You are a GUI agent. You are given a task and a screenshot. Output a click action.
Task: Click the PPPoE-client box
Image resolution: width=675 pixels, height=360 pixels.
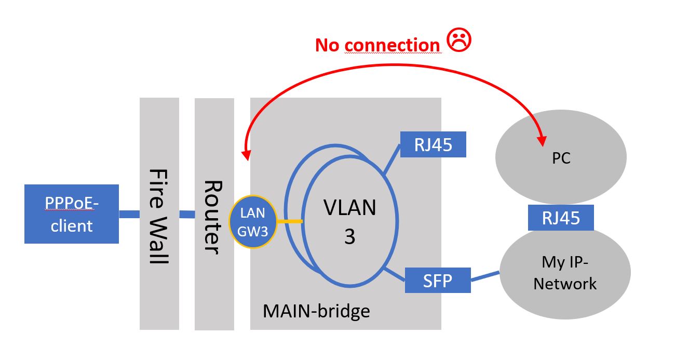point(72,214)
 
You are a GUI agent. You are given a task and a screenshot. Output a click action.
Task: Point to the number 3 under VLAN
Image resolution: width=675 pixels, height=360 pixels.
point(350,236)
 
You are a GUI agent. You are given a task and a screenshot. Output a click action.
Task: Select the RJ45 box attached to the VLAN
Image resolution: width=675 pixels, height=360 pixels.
point(433,144)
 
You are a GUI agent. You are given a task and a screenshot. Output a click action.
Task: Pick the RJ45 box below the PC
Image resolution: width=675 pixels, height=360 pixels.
point(561,218)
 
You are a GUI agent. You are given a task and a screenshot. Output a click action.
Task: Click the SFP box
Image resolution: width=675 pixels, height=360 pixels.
point(437,281)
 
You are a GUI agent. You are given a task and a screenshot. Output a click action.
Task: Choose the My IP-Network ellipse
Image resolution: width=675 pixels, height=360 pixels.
point(565,273)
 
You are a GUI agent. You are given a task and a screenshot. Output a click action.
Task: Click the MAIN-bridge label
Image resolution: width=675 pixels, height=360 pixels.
point(316,311)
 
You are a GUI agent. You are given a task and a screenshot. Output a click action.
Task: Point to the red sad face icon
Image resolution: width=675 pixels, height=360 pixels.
point(458,41)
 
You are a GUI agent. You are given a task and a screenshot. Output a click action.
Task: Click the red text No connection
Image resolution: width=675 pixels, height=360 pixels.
point(377,45)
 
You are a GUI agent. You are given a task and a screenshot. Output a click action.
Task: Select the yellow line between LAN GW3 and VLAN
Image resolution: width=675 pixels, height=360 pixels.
point(289,222)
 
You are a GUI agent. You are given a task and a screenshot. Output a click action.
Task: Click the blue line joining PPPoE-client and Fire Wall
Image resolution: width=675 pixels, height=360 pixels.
point(129,214)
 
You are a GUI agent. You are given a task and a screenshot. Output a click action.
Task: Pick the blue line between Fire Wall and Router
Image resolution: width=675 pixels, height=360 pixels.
point(187,214)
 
